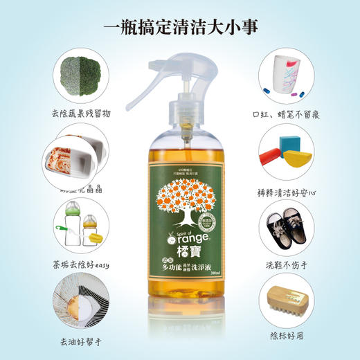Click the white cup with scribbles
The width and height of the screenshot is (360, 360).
click(x=287, y=72)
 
